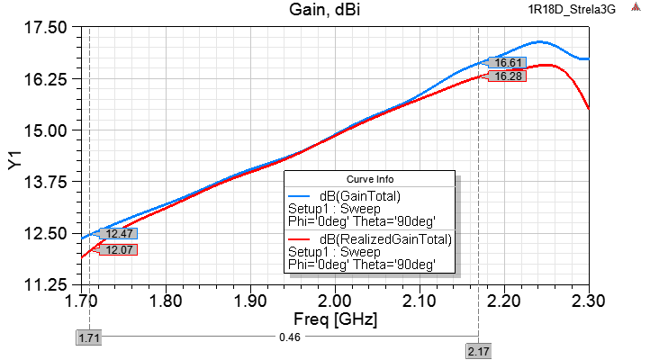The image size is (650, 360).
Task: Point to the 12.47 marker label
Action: coord(119,234)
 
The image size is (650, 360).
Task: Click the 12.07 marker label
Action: coord(119,250)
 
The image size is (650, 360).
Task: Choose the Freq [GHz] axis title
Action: coord(335,319)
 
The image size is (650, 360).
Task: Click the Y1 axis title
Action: coord(14,157)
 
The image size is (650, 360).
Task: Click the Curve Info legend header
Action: coord(370,178)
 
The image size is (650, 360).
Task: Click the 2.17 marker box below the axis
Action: coord(478,351)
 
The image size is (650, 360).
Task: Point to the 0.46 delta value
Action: coord(284,338)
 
